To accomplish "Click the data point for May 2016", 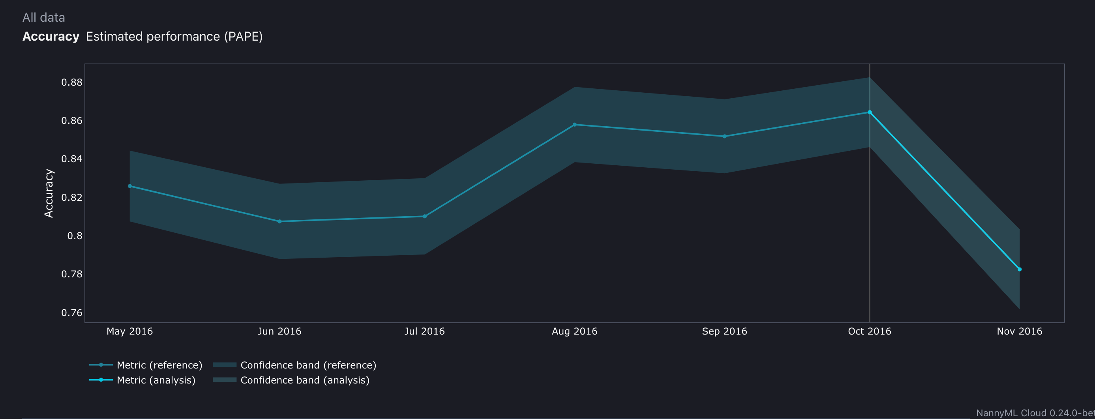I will click(x=129, y=186).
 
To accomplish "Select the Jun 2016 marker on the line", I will click(x=279, y=221).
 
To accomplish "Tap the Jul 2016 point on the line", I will click(x=425, y=216).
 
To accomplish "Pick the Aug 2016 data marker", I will click(x=575, y=125).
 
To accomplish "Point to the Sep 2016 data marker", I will click(x=724, y=137).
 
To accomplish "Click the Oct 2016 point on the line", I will click(x=870, y=112).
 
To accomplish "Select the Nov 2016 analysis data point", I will click(x=1019, y=269).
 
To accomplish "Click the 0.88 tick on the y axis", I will click(x=72, y=82).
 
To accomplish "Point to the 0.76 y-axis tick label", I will click(x=72, y=313).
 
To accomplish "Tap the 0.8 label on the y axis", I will click(x=75, y=236).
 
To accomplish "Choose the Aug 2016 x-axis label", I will click(x=574, y=331).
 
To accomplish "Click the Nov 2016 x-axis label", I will click(x=1019, y=331).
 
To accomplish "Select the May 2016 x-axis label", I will click(x=129, y=331).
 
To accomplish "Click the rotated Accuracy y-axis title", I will click(x=49, y=193).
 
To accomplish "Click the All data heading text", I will click(x=44, y=17).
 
